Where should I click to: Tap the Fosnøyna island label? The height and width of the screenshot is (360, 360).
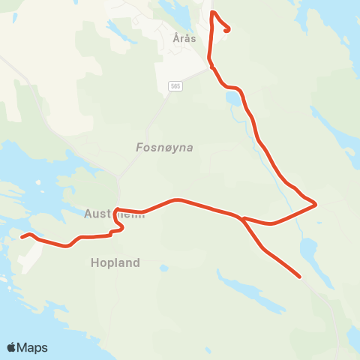click(x=165, y=148)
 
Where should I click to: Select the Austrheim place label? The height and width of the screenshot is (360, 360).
click(x=112, y=214)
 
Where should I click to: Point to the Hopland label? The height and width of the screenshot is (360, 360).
click(x=115, y=263)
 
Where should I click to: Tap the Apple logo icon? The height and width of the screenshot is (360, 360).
click(x=11, y=348)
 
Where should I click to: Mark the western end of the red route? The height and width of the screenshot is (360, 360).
click(x=22, y=238)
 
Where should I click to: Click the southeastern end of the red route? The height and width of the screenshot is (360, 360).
click(x=300, y=277)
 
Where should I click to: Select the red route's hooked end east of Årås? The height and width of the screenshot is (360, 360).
click(x=227, y=30)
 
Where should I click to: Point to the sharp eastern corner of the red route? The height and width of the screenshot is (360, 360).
click(x=316, y=203)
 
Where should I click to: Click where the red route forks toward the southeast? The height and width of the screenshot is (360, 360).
click(x=243, y=218)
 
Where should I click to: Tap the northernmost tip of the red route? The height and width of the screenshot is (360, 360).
click(x=213, y=12)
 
